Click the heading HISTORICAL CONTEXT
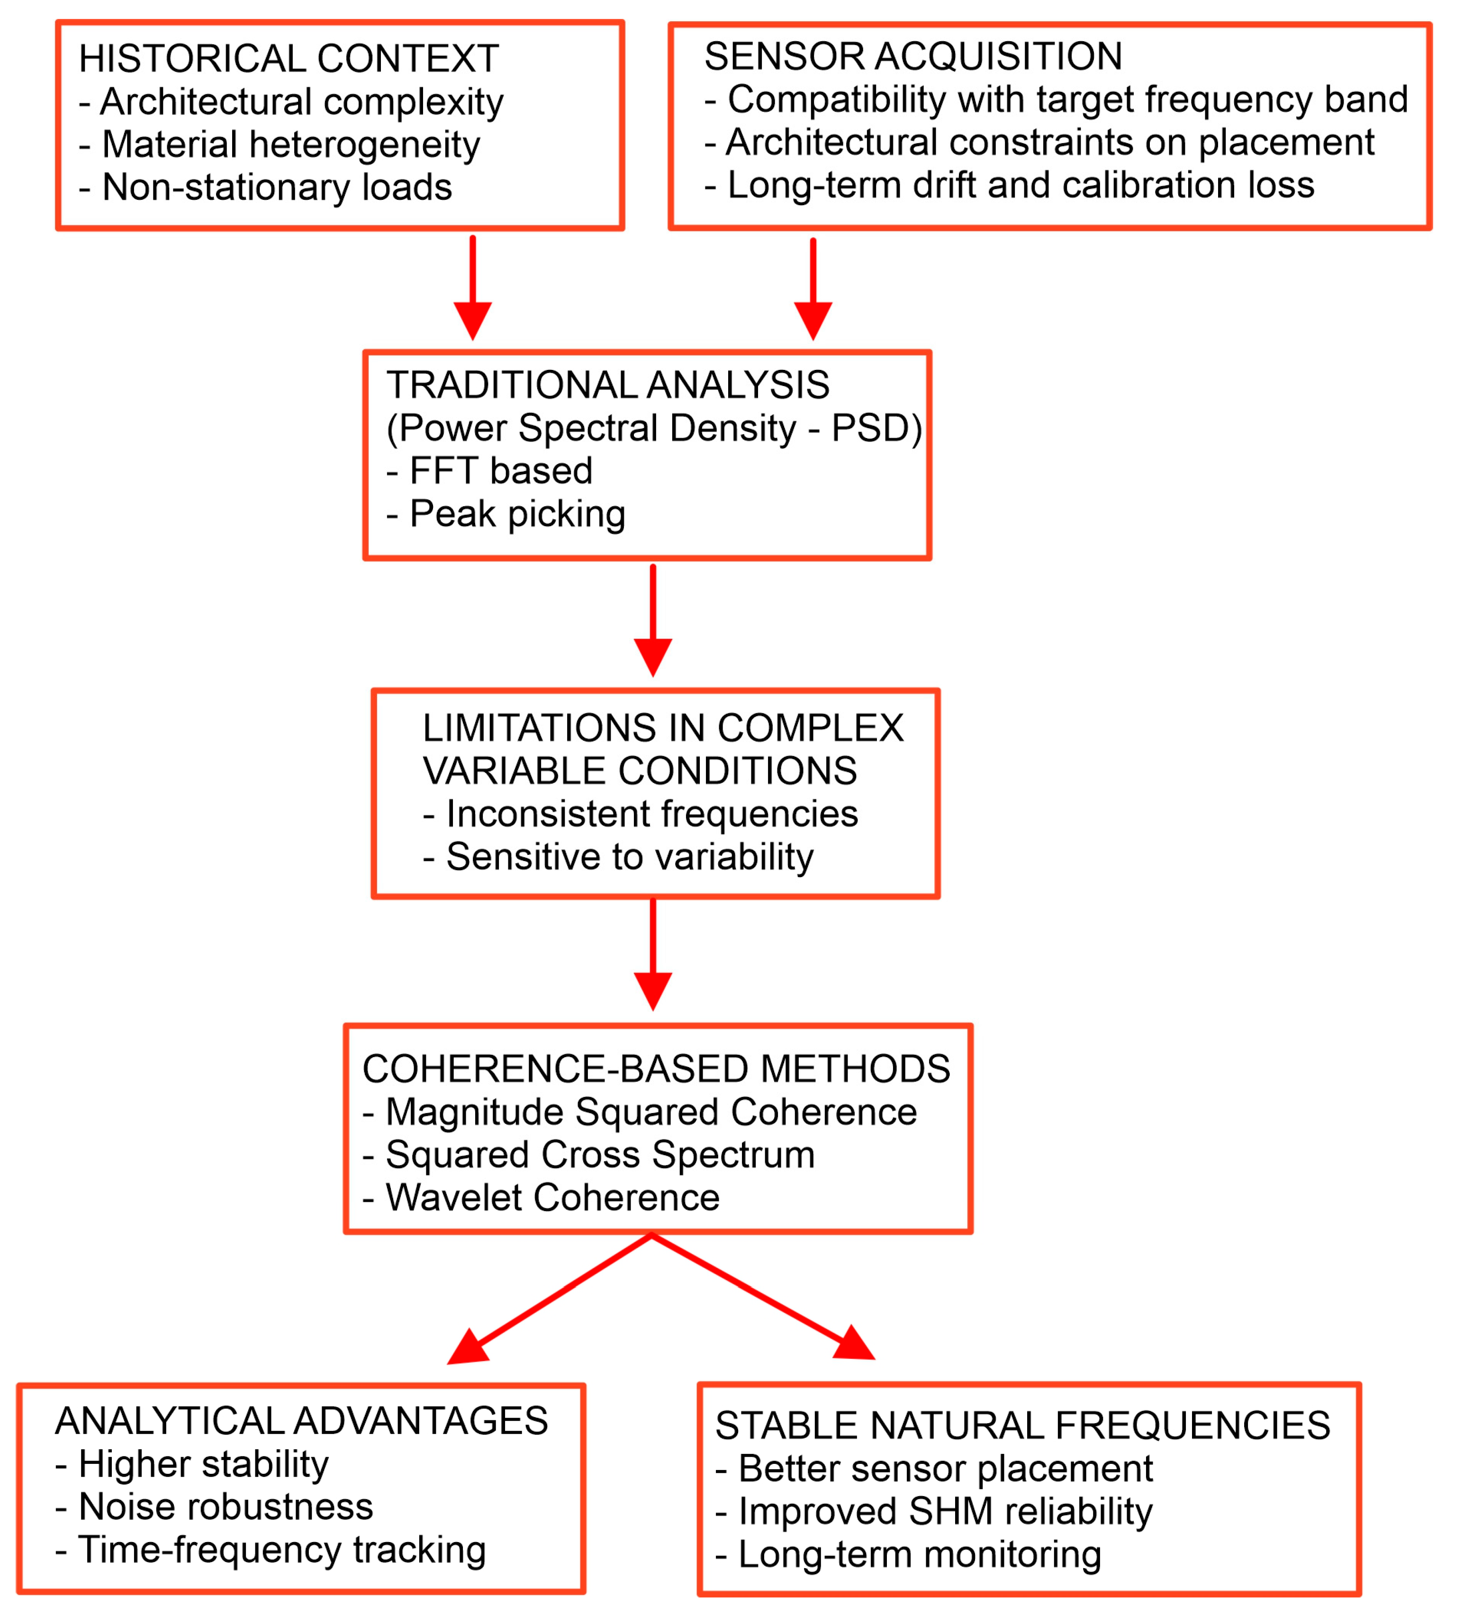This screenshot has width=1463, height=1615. pyautogui.click(x=289, y=58)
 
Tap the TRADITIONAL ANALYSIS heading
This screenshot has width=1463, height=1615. pyautogui.click(x=607, y=385)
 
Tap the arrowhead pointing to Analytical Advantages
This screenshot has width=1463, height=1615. pyautogui.click(x=468, y=1348)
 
